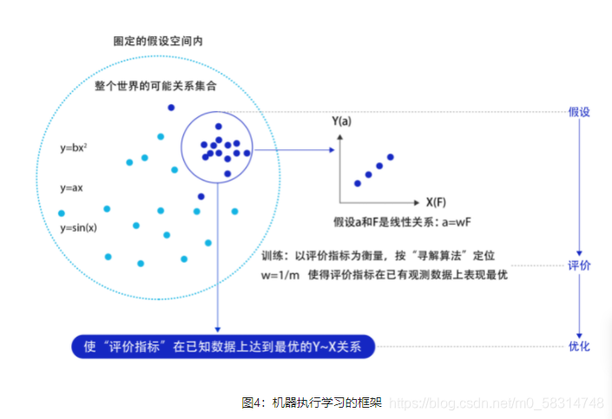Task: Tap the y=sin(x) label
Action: [x=78, y=227]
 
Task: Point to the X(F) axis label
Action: [x=438, y=200]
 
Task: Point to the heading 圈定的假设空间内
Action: [x=158, y=41]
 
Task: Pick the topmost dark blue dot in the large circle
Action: [x=171, y=108]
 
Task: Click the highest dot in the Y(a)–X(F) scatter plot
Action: [x=391, y=157]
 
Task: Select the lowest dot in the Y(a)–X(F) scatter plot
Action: [x=357, y=183]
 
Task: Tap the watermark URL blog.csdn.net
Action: [x=495, y=403]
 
